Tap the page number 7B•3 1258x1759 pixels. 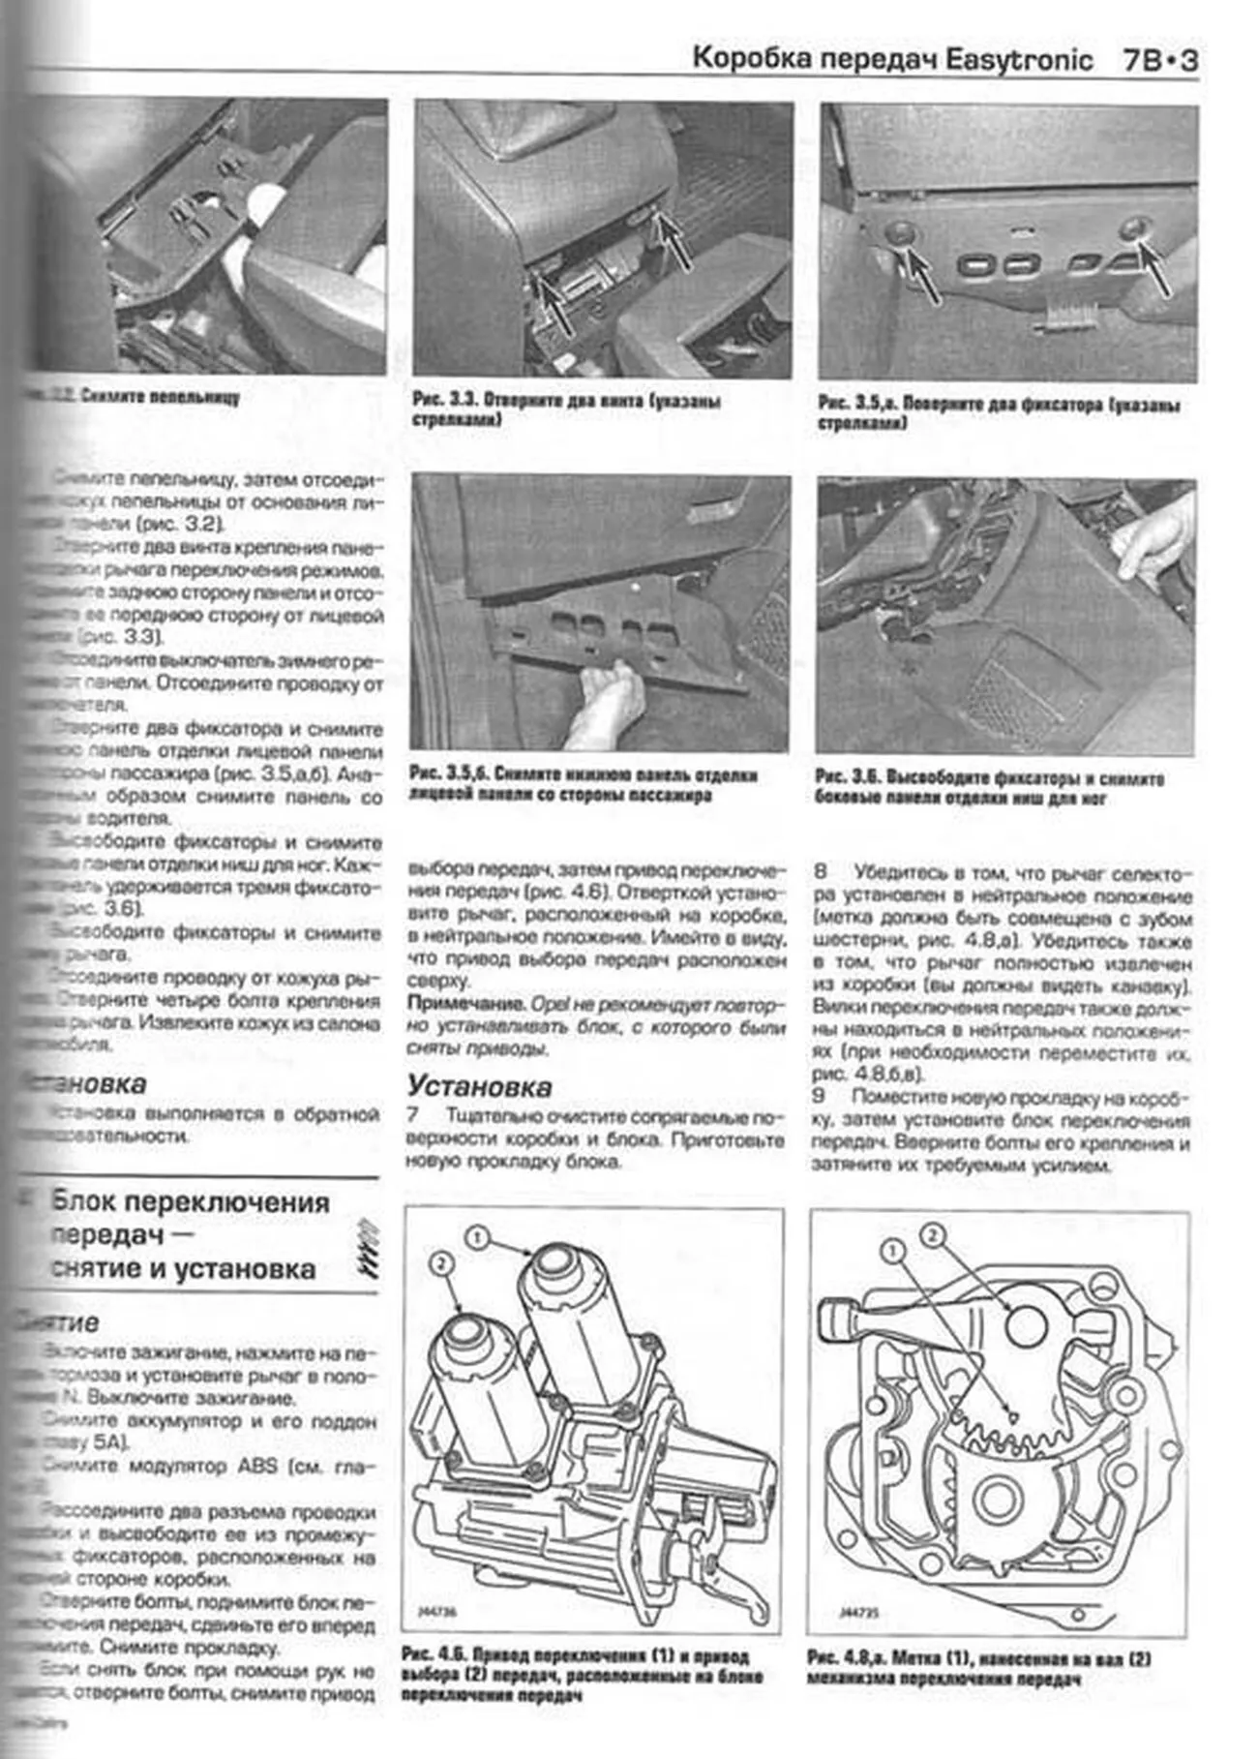(1160, 61)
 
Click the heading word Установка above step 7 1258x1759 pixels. (479, 1085)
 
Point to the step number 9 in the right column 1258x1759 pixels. (820, 1096)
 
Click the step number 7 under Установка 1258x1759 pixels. (413, 1116)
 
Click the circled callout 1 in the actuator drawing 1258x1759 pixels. (477, 1236)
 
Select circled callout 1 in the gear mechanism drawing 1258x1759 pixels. (893, 1251)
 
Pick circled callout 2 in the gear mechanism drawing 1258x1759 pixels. (932, 1234)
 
